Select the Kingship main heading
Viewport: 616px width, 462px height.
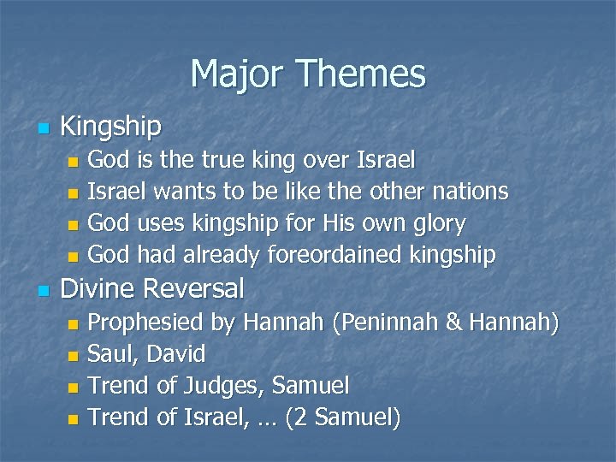[111, 127]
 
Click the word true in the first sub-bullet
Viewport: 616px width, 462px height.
[222, 159]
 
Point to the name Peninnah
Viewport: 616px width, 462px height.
[384, 323]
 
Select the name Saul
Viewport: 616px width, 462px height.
[110, 353]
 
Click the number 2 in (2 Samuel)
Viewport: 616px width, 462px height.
[317, 418]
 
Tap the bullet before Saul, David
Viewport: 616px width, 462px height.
[73, 355]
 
